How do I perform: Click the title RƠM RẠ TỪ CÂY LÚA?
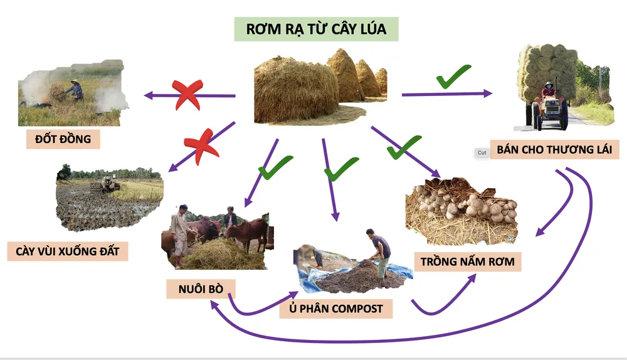coord(316,29)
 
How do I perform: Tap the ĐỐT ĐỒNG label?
coord(63,139)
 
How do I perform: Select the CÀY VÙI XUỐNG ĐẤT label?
coord(68,251)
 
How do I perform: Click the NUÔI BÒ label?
coord(201,289)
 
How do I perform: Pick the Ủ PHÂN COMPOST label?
coord(336,309)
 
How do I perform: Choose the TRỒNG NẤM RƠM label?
coord(468,261)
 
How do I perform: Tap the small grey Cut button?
coord(482,152)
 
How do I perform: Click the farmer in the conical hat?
coord(76,90)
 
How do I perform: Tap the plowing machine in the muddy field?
coord(108,184)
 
